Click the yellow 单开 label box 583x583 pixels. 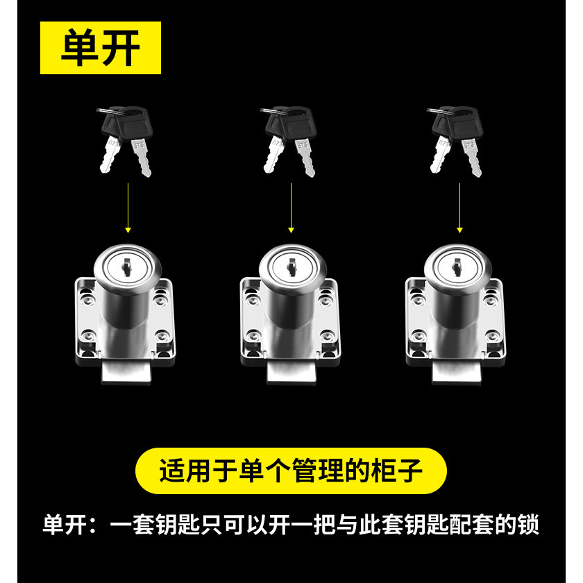coord(101,48)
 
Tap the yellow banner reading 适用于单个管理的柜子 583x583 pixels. coord(291,471)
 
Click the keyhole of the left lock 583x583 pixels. coord(127,267)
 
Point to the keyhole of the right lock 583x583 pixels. coord(457,267)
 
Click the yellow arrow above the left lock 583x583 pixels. coord(128,208)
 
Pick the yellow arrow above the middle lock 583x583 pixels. coord(291,208)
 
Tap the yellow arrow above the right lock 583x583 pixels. coord(459,208)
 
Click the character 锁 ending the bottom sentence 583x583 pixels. coord(528,524)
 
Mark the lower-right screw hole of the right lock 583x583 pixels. coord(492,337)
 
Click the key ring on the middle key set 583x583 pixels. coord(273,111)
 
